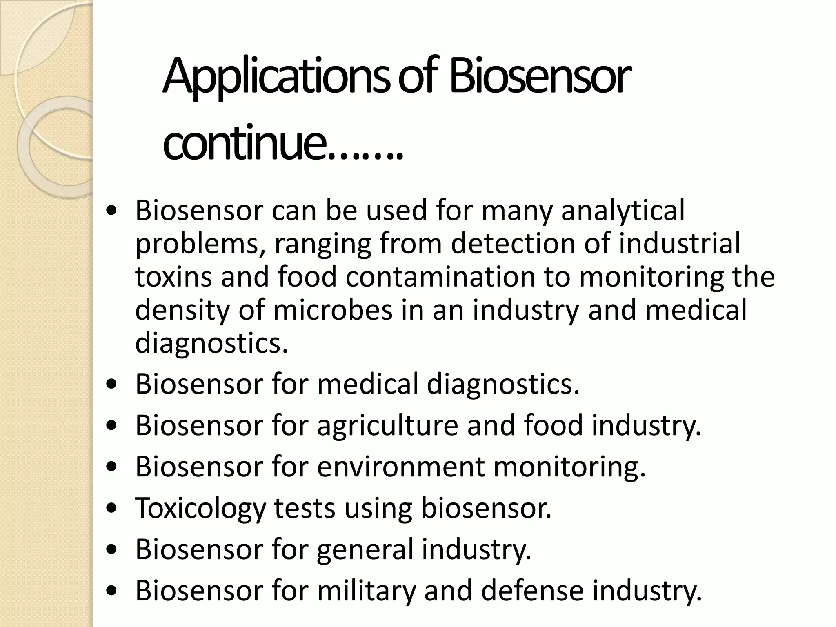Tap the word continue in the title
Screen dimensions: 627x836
pyautogui.click(x=245, y=143)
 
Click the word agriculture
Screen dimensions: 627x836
pyautogui.click(x=387, y=425)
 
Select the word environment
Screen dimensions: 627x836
pyautogui.click(x=400, y=467)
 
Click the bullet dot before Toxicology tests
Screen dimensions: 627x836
pyautogui.click(x=111, y=509)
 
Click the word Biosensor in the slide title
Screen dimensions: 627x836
pyautogui.click(x=539, y=78)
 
